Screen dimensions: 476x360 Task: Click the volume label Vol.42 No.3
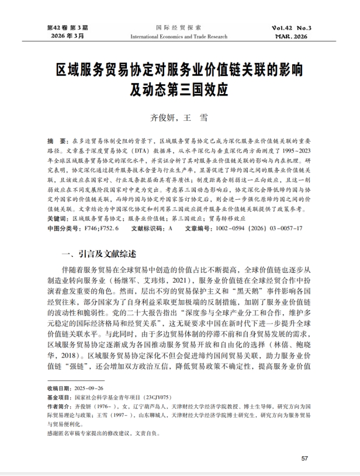292,27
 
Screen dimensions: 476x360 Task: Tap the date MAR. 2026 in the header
292,36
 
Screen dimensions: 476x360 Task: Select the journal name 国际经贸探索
179,27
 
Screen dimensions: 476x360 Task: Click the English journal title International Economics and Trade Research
179,36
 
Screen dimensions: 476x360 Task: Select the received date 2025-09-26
87,388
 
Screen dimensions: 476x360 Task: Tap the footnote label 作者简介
58,406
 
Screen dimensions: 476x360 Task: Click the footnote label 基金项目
58,397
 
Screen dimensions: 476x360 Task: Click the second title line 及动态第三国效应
179,91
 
